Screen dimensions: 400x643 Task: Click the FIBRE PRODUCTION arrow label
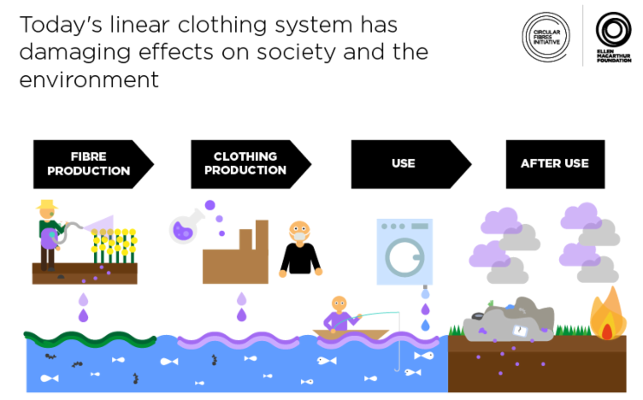(x=89, y=164)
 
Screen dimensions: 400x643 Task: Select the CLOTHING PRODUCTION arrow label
(x=245, y=163)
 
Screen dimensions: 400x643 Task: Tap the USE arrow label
(x=403, y=163)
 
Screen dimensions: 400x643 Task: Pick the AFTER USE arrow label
(x=555, y=163)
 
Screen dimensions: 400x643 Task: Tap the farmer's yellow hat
(x=46, y=207)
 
